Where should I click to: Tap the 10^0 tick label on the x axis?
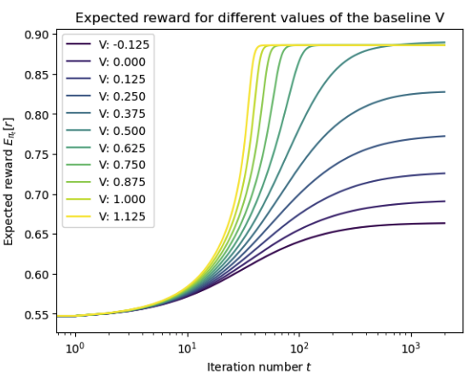[73, 348]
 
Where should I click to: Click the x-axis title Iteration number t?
[259, 367]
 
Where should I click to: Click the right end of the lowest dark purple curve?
[445, 223]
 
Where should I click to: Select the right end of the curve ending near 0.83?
[445, 92]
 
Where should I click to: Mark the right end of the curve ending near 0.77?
[445, 136]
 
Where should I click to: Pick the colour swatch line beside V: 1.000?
[78, 200]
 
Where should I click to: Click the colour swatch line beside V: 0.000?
[78, 61]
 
